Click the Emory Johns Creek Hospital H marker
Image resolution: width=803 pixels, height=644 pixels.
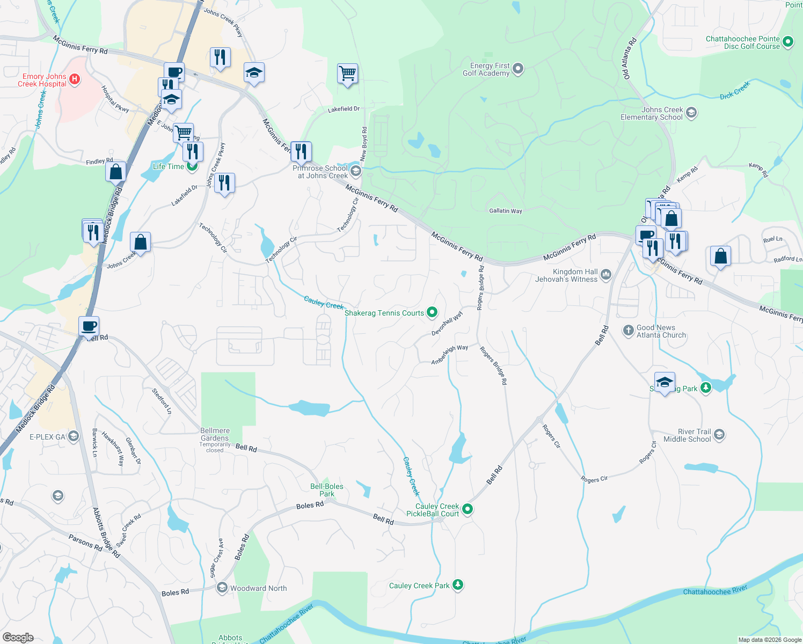click(75, 80)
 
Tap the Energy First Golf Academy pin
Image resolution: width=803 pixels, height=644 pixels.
click(518, 69)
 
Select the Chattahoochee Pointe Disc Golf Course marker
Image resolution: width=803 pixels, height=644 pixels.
click(788, 42)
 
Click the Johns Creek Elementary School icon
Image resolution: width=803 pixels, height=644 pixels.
click(691, 113)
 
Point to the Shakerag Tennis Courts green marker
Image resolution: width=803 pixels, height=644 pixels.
click(432, 312)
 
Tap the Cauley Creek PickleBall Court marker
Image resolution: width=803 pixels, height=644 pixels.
click(468, 509)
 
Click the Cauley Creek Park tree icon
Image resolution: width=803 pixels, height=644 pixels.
click(458, 585)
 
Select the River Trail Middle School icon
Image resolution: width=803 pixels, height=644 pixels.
click(719, 435)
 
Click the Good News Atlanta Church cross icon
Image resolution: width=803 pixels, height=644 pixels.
click(628, 331)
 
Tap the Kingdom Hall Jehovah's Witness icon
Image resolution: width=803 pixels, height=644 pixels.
click(606, 275)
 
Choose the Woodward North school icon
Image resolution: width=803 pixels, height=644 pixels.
click(222, 588)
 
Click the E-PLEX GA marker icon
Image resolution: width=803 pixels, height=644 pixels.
click(74, 436)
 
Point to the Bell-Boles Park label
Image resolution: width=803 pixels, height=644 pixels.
click(326, 490)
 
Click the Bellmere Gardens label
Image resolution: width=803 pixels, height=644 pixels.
click(215, 434)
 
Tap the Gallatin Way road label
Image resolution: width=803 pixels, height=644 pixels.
click(506, 211)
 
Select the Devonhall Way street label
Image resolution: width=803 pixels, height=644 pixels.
click(447, 324)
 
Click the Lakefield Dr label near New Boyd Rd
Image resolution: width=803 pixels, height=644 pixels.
click(344, 109)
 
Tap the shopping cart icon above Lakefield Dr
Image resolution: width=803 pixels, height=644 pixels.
click(347, 74)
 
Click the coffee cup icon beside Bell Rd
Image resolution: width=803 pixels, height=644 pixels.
click(89, 326)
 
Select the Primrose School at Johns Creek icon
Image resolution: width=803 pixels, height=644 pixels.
click(355, 171)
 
